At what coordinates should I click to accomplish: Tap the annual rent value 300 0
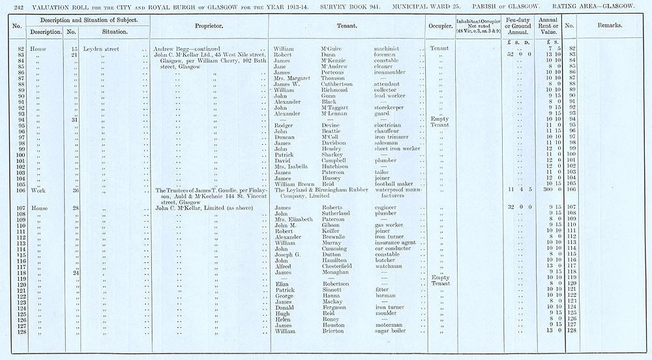549,190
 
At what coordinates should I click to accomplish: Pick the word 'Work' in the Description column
46,190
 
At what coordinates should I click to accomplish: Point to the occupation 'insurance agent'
395,243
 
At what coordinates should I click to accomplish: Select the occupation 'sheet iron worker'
398,149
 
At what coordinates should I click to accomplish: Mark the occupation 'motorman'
389,325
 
